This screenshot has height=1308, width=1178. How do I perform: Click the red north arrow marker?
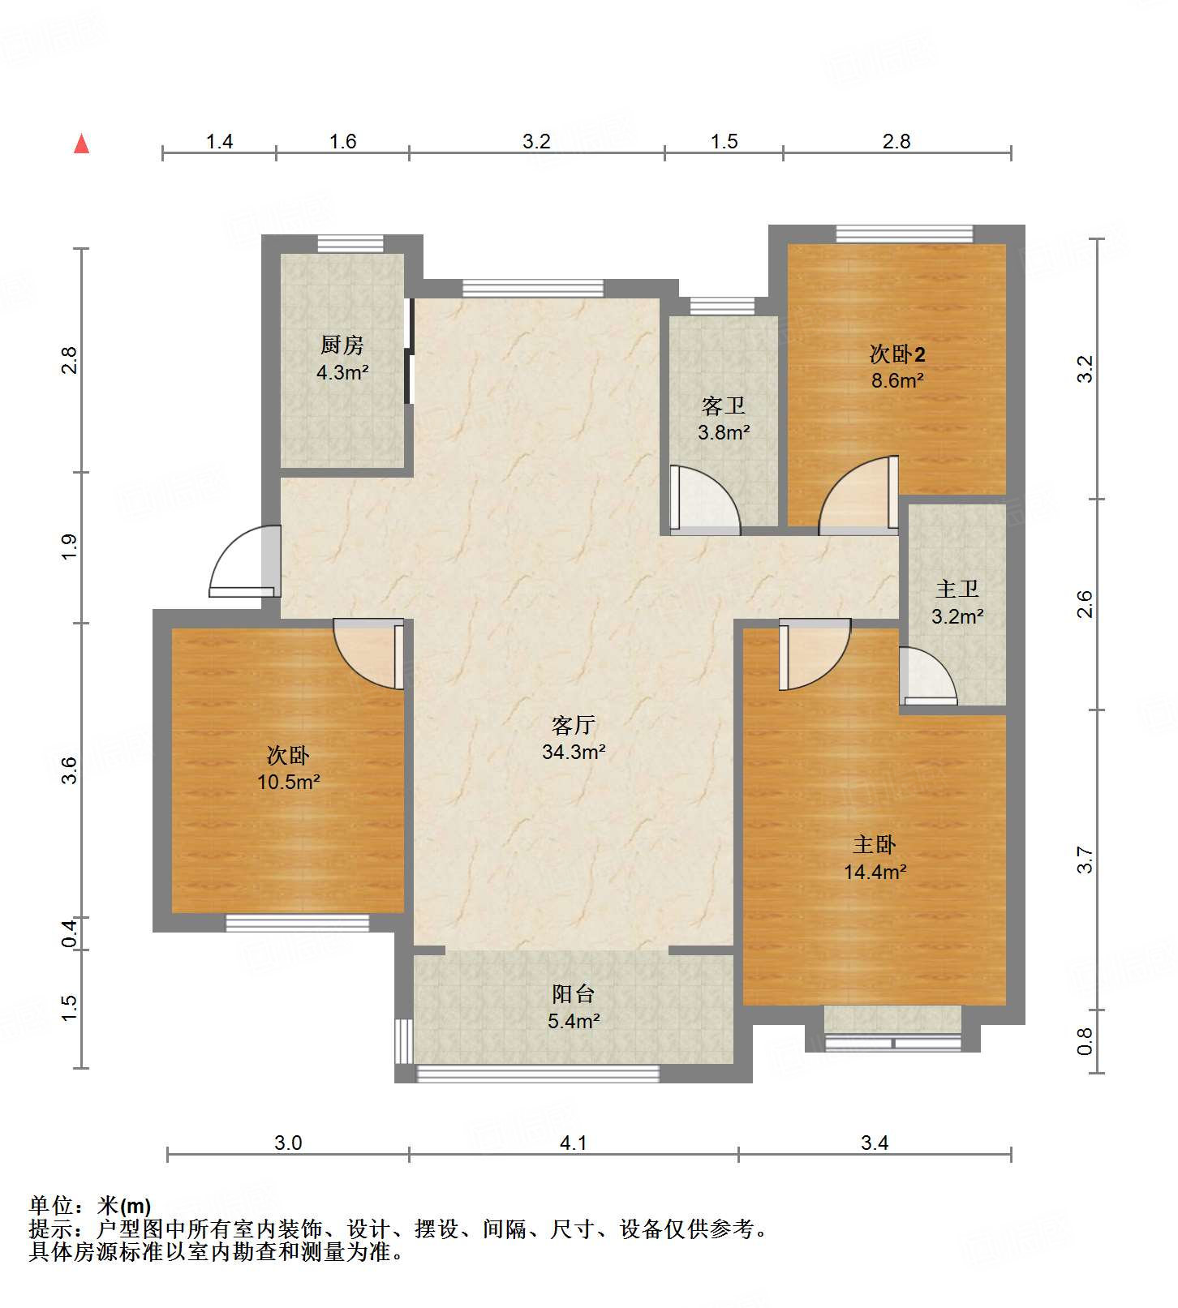coord(81,144)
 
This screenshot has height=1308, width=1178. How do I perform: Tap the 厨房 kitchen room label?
coord(342,345)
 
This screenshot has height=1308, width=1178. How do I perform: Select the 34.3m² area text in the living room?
coord(574,752)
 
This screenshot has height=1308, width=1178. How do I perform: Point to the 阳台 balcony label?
coord(574,993)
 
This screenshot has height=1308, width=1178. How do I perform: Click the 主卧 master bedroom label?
coord(875,844)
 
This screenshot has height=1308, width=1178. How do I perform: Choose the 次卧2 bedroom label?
coord(897,354)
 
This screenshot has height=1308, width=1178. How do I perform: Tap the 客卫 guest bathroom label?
coord(723,405)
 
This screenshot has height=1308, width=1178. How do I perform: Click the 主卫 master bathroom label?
coord(957,589)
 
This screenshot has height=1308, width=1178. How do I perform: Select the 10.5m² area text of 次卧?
coord(288,782)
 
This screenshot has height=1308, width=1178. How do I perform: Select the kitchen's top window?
coord(350,243)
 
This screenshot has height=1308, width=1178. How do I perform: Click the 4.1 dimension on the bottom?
coord(574,1143)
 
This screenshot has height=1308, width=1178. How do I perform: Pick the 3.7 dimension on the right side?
coord(1086,860)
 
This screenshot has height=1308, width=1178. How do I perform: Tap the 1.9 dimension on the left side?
coord(70,546)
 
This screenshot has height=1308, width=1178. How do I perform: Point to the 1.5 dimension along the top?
coord(724,142)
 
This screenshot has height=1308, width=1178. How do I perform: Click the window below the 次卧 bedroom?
coord(297,923)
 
